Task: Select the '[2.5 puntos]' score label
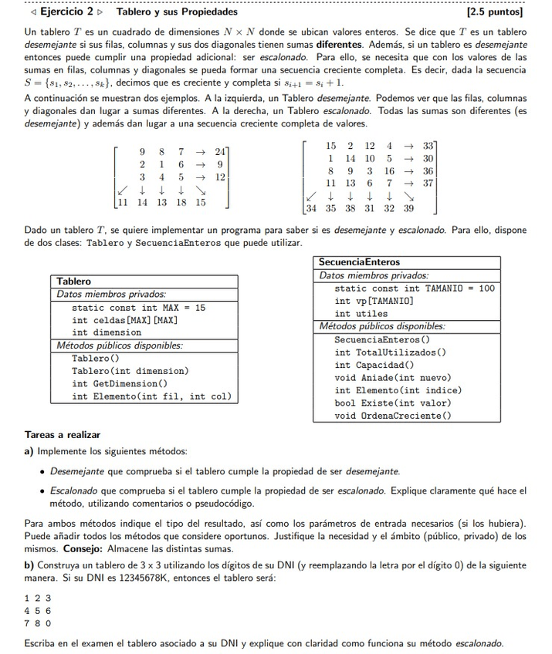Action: coord(495,12)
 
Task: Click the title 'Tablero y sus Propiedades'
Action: coord(177,12)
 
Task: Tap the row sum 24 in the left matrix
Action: coord(221,151)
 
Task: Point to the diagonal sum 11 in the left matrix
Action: coord(121,203)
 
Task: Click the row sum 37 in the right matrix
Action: coord(429,183)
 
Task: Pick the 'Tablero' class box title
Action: coord(74,281)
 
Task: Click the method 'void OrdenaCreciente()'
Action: coord(393,416)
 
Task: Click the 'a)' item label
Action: coord(29,451)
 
